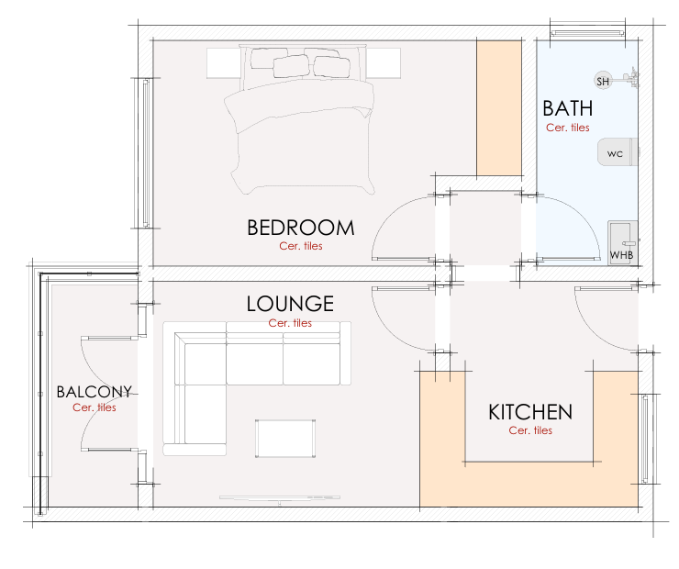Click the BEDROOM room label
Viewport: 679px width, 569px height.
point(300,228)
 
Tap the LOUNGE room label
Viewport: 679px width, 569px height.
point(290,304)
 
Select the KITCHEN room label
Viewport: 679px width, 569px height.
point(529,412)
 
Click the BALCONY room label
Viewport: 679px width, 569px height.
point(94,391)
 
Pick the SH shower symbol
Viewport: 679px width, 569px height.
point(603,81)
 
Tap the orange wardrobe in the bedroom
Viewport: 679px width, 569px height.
point(499,108)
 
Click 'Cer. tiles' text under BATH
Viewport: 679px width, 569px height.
point(567,128)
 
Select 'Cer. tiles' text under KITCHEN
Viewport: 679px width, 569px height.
point(529,430)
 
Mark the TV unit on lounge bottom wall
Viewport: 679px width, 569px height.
point(276,498)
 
